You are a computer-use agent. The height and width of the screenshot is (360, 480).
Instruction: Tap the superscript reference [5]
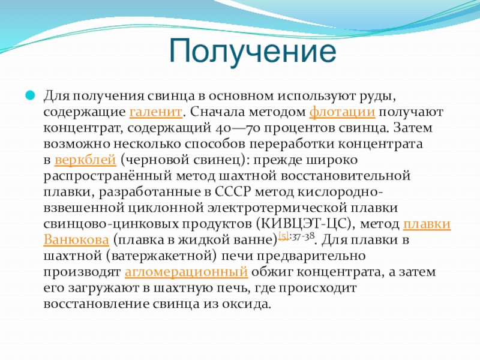pos(284,236)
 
